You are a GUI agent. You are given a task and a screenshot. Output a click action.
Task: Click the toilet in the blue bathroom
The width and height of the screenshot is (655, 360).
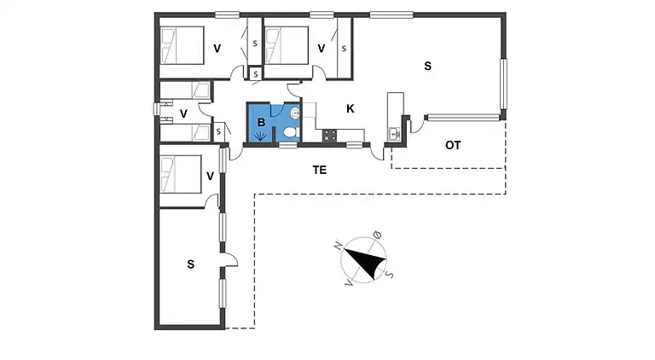(291, 132)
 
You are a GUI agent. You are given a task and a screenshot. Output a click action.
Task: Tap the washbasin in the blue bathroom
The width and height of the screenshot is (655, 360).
(295, 113)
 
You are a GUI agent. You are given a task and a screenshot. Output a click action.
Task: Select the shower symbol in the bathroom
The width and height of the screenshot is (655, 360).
(261, 136)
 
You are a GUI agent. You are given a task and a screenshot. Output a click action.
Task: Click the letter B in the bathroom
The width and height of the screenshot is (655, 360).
(262, 122)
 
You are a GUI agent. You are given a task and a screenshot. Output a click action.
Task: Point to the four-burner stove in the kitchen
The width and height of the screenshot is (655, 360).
(329, 136)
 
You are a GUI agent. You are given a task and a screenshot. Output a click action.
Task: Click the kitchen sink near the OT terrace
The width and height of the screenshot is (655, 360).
(395, 134)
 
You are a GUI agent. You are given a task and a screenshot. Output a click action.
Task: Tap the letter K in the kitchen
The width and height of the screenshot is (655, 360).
(350, 108)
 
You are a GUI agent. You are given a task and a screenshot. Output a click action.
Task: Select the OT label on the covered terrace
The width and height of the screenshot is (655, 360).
(453, 145)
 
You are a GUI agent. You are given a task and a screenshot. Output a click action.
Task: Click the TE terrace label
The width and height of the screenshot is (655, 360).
(320, 170)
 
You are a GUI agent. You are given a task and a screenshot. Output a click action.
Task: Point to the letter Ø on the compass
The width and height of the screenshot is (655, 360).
(377, 235)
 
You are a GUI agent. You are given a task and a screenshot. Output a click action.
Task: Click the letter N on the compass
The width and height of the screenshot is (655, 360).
(339, 246)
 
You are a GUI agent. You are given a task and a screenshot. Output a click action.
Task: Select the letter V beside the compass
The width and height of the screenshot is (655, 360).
(349, 283)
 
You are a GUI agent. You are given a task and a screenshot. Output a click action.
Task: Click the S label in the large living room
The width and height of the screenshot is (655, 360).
(427, 66)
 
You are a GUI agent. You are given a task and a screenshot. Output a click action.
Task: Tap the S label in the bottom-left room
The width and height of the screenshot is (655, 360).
(190, 264)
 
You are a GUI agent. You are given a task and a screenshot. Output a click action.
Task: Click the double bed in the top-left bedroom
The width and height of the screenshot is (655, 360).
(183, 45)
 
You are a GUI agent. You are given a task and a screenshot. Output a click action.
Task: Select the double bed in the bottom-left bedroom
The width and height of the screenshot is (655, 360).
(181, 174)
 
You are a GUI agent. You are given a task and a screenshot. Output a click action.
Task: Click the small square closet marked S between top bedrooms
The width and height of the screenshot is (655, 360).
(255, 74)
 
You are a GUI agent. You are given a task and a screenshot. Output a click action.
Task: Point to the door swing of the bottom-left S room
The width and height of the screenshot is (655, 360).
(230, 260)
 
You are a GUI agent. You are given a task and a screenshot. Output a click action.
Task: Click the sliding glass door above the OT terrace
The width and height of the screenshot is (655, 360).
(463, 118)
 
